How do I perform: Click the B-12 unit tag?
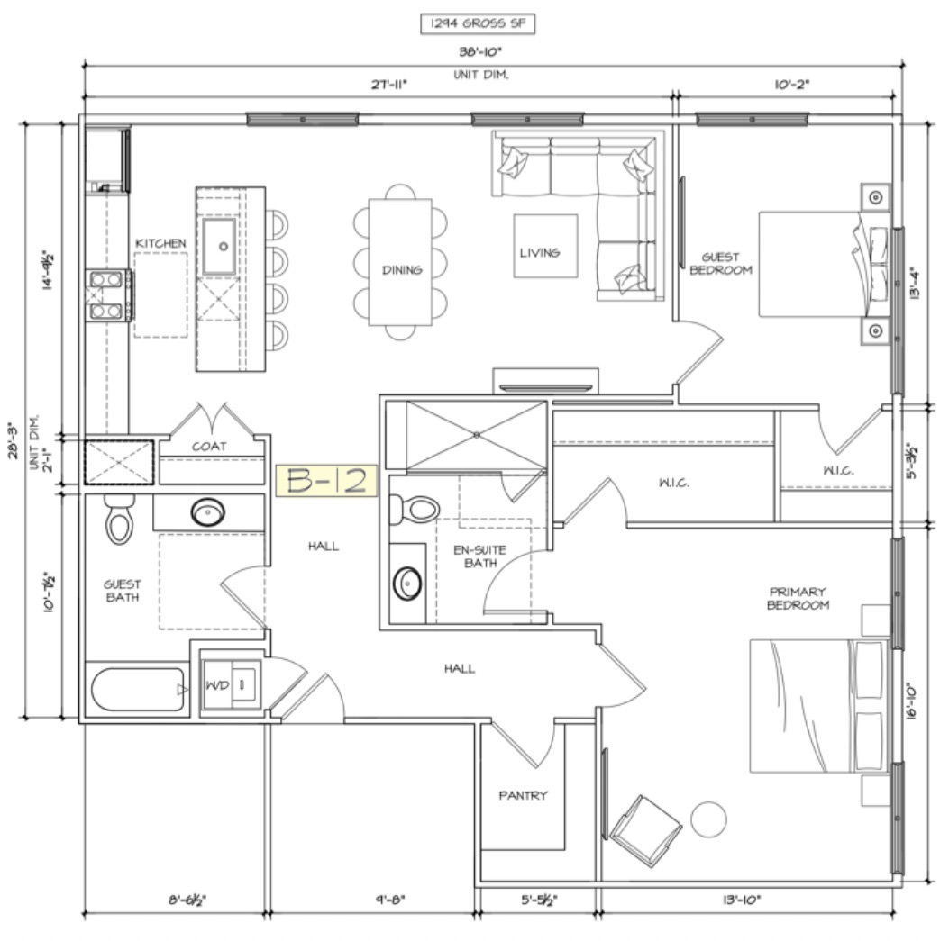coord(326,481)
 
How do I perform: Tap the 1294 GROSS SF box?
coord(478,23)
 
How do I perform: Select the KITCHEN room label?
coord(160,243)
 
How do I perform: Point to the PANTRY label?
coord(523,795)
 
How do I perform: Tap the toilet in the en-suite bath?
coord(415,509)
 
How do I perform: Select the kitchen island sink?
coord(219,246)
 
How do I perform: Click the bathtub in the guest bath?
coord(138,690)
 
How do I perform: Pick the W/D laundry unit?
coord(231,685)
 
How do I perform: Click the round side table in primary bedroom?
coord(708,819)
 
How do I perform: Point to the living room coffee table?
coord(545,246)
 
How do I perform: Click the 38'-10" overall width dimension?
coord(480,52)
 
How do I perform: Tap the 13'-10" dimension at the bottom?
coord(742,900)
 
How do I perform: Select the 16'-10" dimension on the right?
coord(913,701)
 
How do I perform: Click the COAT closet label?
coord(209,447)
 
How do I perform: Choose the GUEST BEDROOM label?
coord(721,264)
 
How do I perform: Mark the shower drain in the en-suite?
coord(477,434)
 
